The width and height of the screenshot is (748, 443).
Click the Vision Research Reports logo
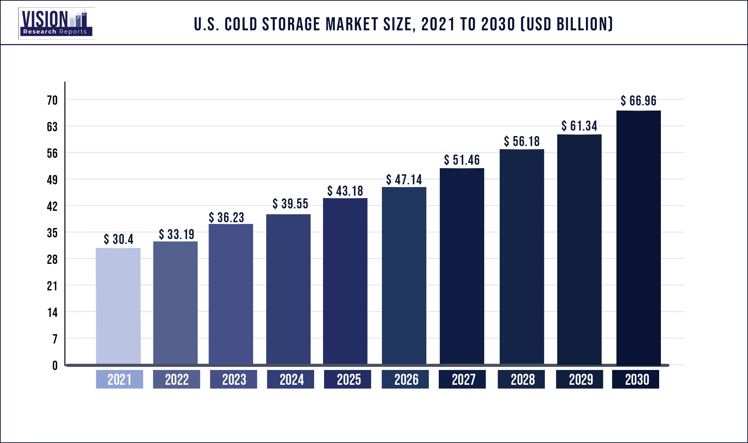(x=56, y=23)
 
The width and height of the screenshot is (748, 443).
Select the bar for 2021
(x=118, y=306)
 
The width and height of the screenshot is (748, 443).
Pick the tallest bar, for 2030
(x=638, y=238)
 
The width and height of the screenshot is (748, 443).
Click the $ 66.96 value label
(x=638, y=101)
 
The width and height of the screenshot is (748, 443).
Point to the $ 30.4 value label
(x=118, y=239)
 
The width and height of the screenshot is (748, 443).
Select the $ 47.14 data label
(x=404, y=179)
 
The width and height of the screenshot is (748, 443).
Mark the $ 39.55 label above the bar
(x=290, y=204)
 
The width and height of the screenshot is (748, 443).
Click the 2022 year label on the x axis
(x=176, y=379)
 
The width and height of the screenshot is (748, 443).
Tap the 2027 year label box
(x=462, y=379)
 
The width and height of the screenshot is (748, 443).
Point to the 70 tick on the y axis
(x=52, y=100)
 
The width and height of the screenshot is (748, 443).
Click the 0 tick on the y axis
(x=55, y=365)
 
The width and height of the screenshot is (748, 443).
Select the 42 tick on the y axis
(x=52, y=206)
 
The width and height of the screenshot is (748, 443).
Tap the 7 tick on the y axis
(x=55, y=339)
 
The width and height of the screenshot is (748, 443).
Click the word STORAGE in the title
(x=291, y=24)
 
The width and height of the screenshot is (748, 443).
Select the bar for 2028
(x=522, y=257)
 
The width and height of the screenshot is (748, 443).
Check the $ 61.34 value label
(x=579, y=126)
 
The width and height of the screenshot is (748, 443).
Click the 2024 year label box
(x=290, y=379)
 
